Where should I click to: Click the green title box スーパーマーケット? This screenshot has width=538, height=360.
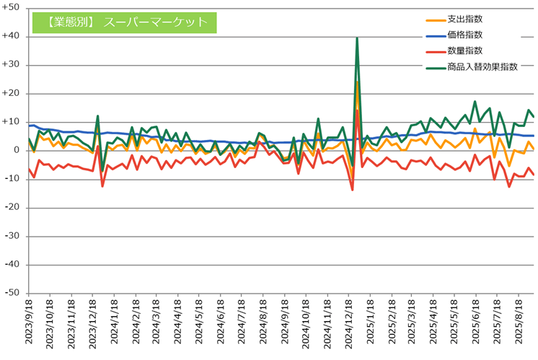123,22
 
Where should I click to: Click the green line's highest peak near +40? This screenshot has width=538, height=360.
357,39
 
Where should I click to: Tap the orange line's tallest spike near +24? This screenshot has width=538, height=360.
357,82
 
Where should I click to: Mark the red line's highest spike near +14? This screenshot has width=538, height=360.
357,110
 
